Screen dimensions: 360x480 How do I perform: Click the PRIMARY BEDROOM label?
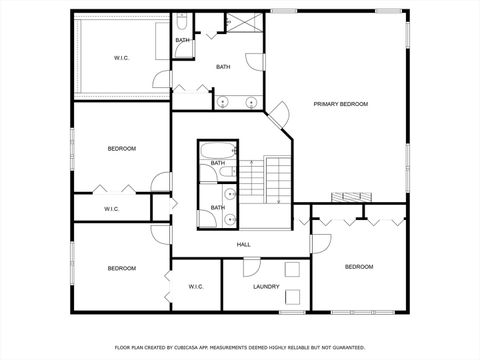pos(340,104)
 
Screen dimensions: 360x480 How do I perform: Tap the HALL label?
pos(243,244)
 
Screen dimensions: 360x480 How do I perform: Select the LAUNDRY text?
pos(266,287)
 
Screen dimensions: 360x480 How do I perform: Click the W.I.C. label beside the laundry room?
pos(196,287)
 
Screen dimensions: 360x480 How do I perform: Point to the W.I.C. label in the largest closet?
pos(123,58)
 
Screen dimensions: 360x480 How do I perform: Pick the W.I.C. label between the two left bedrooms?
pos(111,208)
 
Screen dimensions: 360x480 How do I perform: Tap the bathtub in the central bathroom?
pos(216,152)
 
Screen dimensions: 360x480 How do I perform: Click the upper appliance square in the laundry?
pos(292,269)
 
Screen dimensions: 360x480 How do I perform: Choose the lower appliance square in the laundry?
pos(292,297)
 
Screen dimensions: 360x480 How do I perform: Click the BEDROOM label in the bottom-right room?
pos(358,267)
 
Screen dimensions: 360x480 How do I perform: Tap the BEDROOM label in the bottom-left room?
pos(122,268)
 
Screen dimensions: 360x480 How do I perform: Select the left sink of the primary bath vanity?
pos(223,100)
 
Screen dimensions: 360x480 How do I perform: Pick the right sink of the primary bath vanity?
pos(248,100)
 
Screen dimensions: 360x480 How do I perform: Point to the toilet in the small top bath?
pos(183,21)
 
